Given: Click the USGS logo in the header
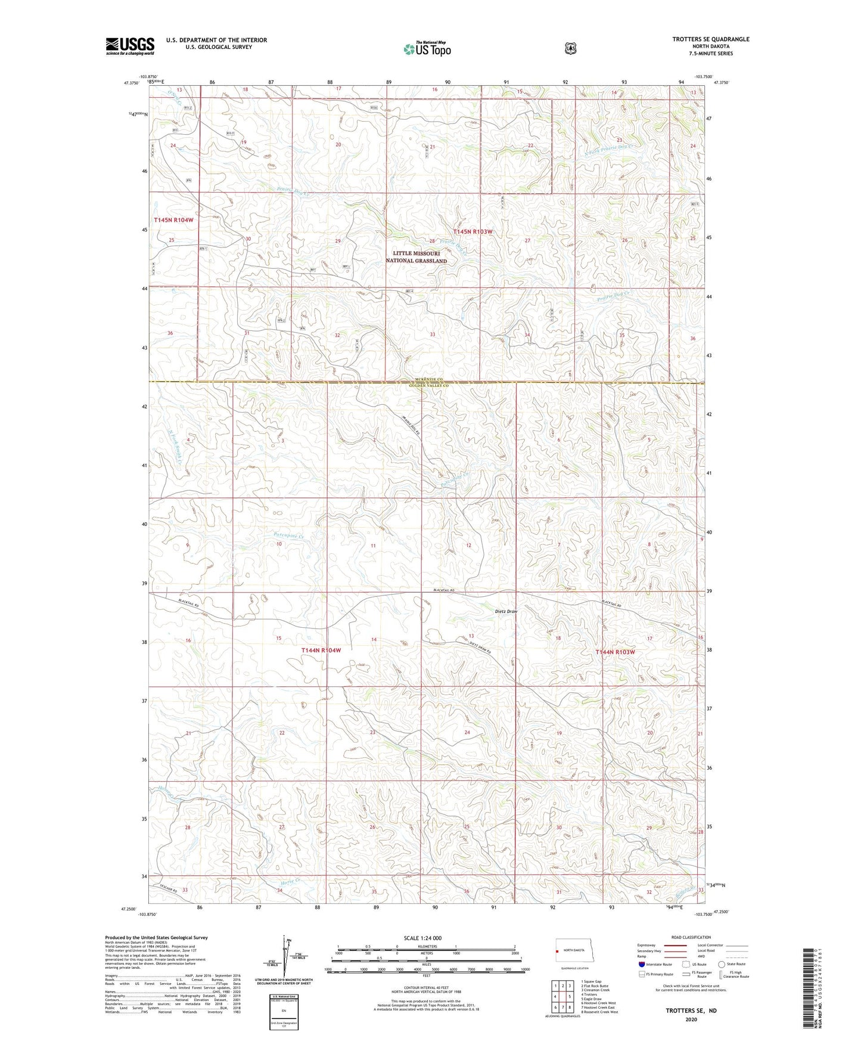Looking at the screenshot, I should pos(130,46).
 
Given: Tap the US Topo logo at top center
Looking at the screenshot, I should pos(427,48).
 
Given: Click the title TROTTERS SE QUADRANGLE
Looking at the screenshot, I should pos(710,39).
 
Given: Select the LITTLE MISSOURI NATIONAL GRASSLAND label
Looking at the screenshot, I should pos(416,257).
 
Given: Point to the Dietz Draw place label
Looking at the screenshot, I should pos(506,611).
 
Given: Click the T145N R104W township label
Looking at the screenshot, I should pos(173,220).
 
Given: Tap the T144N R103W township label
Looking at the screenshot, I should pos(615,652).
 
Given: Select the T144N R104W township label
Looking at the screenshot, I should pos(321,650).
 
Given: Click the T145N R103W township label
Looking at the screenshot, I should pos(473,231).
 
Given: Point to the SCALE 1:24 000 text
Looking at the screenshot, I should pos(426,938).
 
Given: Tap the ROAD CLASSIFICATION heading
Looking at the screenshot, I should pos(691,937).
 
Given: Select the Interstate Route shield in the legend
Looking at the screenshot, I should pos(641,964).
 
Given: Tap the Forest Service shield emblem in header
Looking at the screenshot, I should pos(570,48).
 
